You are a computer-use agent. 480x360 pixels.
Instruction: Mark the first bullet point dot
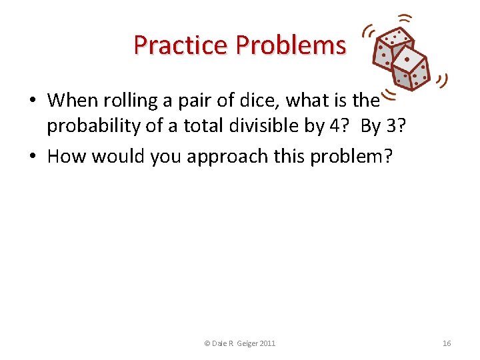(32, 101)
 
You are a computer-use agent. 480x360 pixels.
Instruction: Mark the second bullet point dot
(32, 157)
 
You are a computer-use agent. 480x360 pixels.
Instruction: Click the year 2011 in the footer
(266, 343)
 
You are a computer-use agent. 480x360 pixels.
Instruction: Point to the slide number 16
(447, 343)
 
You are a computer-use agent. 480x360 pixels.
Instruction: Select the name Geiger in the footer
(243, 343)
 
